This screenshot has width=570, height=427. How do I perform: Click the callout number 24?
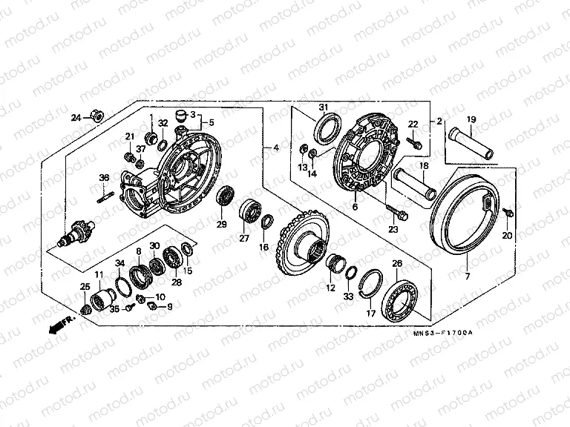coord(76,118)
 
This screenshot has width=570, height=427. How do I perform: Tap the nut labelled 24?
coord(95,115)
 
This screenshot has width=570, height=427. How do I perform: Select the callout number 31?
coord(323,108)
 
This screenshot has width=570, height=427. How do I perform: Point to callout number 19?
coord(471,119)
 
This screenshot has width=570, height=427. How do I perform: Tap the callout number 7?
coord(467,276)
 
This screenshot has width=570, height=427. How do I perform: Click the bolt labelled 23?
coord(396,214)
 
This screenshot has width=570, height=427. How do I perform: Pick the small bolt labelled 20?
coord(509,214)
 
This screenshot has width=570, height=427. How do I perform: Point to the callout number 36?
coord(104,177)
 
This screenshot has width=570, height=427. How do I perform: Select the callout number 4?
coord(275,148)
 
